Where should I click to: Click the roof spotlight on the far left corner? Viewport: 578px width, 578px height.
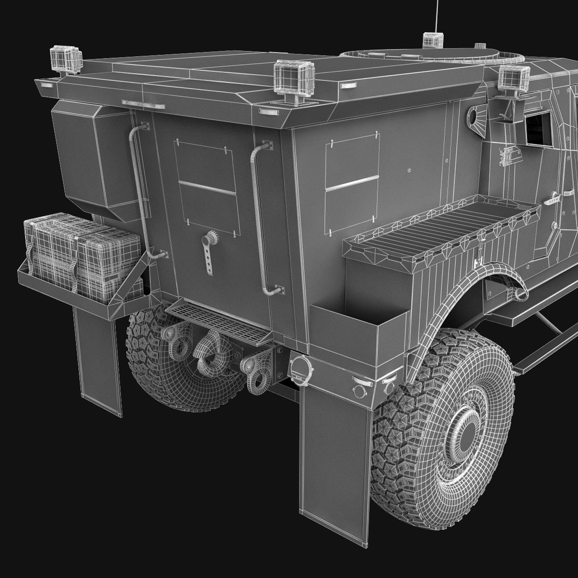click(x=66, y=59)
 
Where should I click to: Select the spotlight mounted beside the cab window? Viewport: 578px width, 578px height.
click(x=513, y=79)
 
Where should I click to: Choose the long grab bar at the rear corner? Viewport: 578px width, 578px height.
click(x=261, y=219)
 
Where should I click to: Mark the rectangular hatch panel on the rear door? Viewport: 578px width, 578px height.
click(x=207, y=187)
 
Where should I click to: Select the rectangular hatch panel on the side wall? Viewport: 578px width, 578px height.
click(x=353, y=182)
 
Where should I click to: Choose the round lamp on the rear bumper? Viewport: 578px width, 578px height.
click(x=301, y=369)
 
